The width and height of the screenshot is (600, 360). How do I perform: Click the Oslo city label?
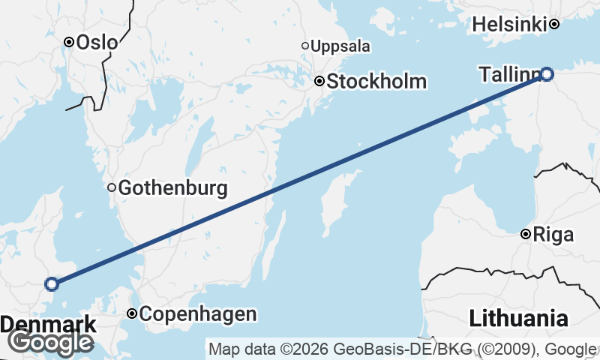coord(97,42)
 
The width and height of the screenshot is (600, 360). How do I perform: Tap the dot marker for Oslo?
coord(68,42)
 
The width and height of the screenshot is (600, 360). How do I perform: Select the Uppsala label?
coord(340,46)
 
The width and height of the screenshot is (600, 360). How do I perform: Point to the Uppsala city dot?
coord(305,46)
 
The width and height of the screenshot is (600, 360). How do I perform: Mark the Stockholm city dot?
coord(319,81)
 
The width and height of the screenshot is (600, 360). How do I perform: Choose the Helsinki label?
coord(509,25)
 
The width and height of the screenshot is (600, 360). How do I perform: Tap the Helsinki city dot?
coord(554,24)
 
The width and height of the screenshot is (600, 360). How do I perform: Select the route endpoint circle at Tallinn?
coord(547,73)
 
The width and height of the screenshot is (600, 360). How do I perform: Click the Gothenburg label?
coord(172,187)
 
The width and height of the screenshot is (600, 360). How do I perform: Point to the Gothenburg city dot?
coord(112,187)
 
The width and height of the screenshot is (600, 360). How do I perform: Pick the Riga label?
coord(554,235)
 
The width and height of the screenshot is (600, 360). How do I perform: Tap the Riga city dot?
coord(526,235)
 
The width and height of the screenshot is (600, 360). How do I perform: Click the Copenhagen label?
coord(198,314)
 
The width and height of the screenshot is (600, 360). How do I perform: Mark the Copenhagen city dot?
coord(132,313)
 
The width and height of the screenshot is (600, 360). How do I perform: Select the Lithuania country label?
coord(518,318)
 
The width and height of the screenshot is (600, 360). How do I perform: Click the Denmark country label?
coord(49,325)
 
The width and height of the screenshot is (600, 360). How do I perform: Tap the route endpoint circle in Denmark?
coord(51,283)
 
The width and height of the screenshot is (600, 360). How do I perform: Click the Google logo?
coord(50,343)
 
